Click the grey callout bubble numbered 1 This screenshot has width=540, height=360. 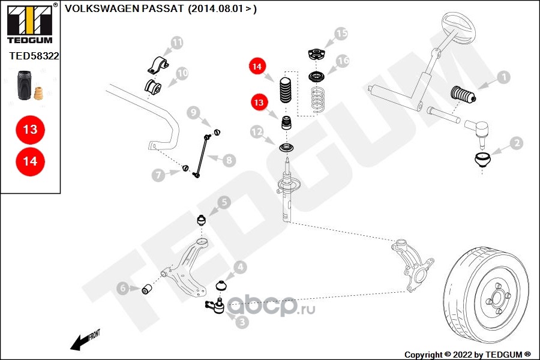[503, 77]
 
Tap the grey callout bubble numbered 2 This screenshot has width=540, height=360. [516, 143]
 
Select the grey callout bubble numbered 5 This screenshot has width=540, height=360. [223, 203]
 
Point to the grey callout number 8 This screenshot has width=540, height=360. [229, 160]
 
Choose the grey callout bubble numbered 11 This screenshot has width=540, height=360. [176, 43]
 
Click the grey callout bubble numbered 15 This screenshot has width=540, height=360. [341, 34]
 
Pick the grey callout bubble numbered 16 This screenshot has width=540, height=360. [343, 61]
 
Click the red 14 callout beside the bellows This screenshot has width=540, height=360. [257, 67]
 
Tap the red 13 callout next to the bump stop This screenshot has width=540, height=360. [259, 103]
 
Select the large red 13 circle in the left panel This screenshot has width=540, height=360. [30, 129]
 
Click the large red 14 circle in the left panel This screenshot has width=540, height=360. [30, 161]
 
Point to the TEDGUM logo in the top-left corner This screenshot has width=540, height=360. [29, 23]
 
